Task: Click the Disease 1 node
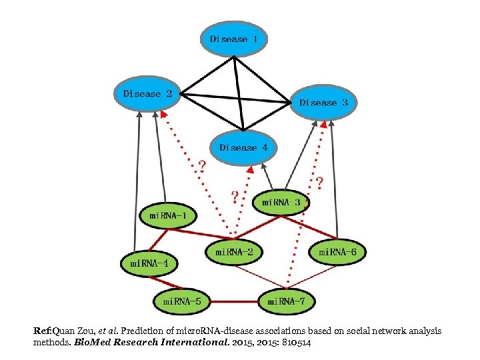[x=233, y=39]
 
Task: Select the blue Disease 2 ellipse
[x=147, y=94]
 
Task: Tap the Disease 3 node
[x=323, y=102]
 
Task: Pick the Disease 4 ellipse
[x=243, y=147]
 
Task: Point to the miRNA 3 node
[x=281, y=202]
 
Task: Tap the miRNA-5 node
[x=182, y=301]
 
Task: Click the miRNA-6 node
[x=337, y=251]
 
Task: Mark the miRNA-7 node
[x=286, y=301]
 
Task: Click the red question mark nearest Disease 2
[x=201, y=164]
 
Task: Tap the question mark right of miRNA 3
[x=319, y=181]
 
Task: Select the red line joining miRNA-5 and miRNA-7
[x=234, y=302]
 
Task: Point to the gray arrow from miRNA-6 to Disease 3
[x=333, y=180]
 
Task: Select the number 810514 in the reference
[x=291, y=342]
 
